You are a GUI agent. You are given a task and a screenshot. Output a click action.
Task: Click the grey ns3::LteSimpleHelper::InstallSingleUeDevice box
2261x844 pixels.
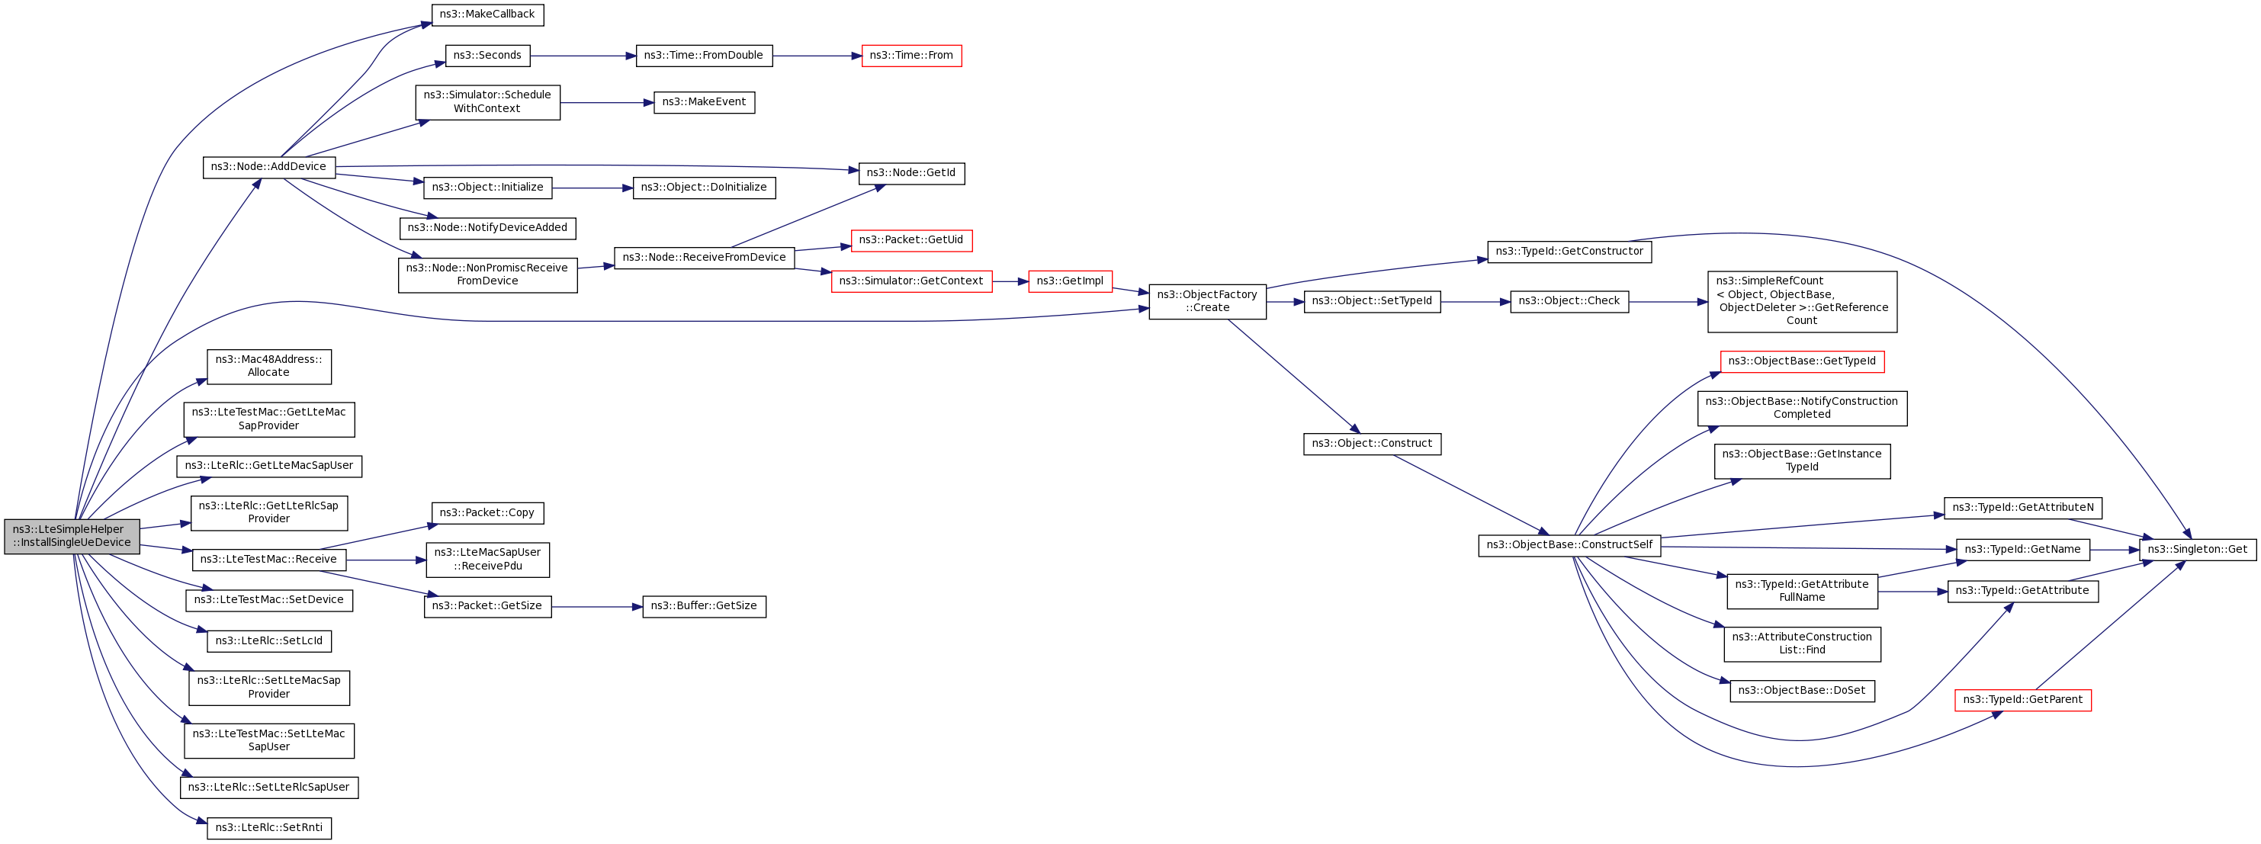click(x=72, y=536)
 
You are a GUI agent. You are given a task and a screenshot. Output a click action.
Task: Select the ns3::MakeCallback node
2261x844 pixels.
click(x=487, y=15)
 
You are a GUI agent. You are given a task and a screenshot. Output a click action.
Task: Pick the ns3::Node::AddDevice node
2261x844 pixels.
click(x=268, y=167)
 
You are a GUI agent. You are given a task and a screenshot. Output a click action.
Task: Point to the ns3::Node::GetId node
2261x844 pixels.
click(x=911, y=173)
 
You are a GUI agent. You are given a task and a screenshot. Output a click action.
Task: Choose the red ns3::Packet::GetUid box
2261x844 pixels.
click(x=911, y=239)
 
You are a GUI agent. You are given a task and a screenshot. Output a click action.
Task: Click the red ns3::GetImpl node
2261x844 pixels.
click(x=1070, y=281)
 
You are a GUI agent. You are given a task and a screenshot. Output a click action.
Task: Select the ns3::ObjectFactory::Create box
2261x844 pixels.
click(x=1207, y=301)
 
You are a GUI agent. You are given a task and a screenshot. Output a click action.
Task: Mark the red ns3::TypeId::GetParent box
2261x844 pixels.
click(x=2022, y=699)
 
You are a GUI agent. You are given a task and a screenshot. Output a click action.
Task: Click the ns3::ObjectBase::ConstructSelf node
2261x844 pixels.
click(x=1569, y=545)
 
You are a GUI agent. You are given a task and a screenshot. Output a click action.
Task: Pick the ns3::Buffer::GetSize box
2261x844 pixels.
click(x=704, y=606)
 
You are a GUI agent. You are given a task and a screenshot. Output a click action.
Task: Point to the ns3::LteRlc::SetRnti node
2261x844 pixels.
click(x=268, y=827)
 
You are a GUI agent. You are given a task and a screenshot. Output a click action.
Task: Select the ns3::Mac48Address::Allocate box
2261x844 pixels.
click(x=268, y=366)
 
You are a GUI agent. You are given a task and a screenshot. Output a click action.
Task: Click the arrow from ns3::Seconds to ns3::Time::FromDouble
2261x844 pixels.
click(x=583, y=56)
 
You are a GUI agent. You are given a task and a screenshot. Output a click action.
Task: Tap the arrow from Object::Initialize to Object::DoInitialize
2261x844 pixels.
click(x=593, y=188)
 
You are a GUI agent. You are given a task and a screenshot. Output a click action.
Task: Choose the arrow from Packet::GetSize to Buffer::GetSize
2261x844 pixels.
click(x=597, y=606)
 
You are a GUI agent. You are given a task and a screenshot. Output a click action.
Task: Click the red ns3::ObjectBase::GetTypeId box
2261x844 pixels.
click(x=1802, y=361)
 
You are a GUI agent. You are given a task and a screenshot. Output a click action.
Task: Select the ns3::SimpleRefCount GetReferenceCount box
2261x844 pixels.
click(x=1802, y=301)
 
